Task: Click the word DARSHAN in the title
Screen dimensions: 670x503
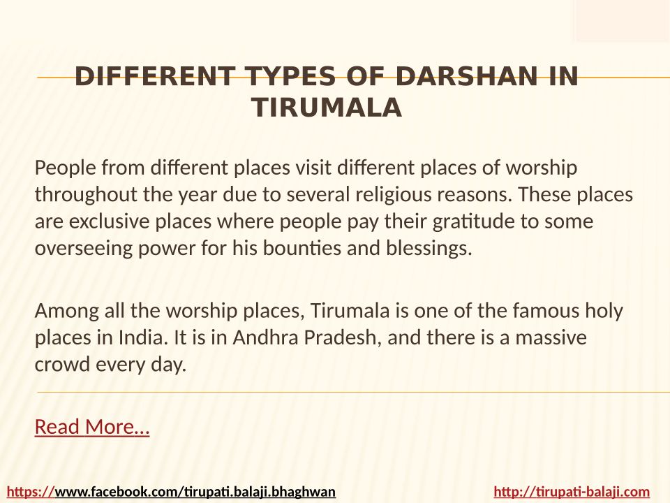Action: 466,76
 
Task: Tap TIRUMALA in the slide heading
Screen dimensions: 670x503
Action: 327,107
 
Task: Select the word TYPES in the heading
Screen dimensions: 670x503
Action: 290,76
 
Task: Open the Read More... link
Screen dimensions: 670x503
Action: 92,426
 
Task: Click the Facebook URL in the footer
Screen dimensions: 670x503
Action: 172,492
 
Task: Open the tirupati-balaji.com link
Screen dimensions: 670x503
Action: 572,492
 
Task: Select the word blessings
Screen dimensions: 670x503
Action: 429,249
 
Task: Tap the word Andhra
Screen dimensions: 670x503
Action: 265,337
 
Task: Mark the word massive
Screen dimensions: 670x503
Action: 551,338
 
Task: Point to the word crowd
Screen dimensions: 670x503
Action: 62,365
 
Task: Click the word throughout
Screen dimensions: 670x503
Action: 85,195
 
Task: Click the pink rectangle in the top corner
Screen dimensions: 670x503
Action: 622,20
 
